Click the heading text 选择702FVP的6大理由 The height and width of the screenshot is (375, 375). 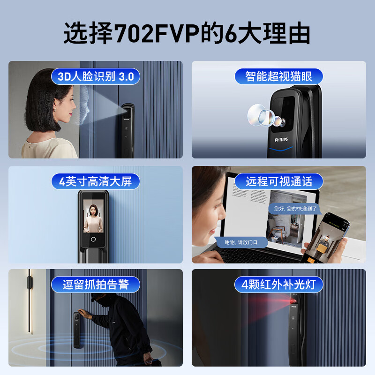coord(187,33)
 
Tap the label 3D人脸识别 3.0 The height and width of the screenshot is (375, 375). coord(96,76)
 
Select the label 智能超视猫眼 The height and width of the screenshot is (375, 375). coord(278,76)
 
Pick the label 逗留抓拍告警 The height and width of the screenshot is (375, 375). coord(96,284)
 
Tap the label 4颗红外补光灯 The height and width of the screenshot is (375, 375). coord(278,284)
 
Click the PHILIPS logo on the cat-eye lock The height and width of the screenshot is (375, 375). coord(281,139)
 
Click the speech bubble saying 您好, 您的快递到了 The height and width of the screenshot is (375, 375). coord(296,208)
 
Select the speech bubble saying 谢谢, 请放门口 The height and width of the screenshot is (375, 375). coord(241,242)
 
